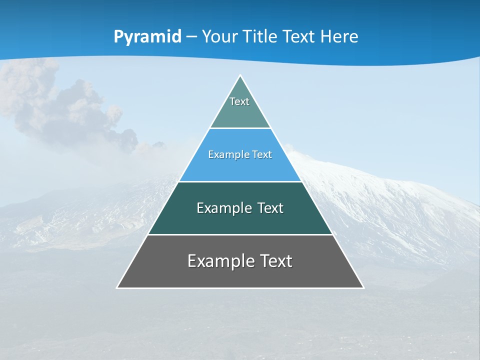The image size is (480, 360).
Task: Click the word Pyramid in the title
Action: coord(147,37)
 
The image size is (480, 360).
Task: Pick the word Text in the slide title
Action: coord(299,37)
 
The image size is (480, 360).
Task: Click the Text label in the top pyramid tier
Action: coord(239,101)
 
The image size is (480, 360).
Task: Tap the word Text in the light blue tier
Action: coord(261,155)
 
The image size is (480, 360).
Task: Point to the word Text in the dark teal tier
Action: coord(270,208)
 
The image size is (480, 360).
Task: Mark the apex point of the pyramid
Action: coord(240,75)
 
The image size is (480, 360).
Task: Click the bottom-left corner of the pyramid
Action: coord(117,288)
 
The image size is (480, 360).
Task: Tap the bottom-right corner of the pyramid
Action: coord(363,288)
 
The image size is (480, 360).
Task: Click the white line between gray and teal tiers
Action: coord(240,234)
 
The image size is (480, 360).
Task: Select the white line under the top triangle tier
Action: coord(240,128)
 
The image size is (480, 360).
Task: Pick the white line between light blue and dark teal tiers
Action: coord(240,181)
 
